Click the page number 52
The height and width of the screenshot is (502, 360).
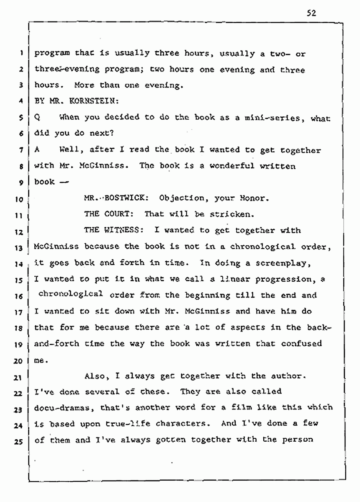pos(310,12)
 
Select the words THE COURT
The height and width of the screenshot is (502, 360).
pos(108,214)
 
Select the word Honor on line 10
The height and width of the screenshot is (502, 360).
pos(251,198)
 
